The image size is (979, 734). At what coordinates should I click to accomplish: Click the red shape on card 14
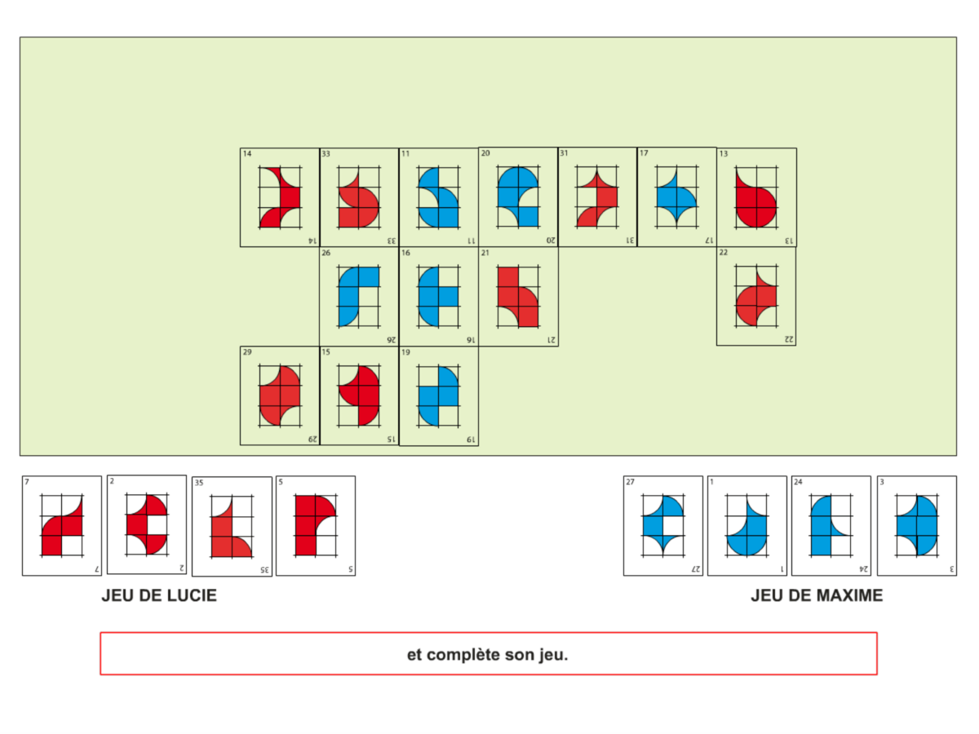[288, 197]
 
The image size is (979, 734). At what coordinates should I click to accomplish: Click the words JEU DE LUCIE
[159, 596]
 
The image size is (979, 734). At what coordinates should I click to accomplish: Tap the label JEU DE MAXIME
[817, 596]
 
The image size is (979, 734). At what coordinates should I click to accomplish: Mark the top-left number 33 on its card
[326, 153]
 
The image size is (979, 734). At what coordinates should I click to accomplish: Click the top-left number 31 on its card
[564, 153]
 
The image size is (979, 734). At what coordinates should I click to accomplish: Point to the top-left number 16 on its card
[405, 254]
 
